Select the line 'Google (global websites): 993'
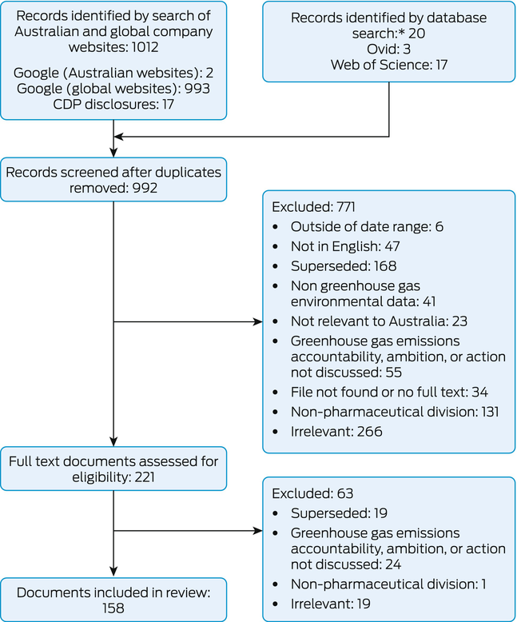[112, 89]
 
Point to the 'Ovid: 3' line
[388, 50]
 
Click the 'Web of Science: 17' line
[388, 66]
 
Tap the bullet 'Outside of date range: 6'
[366, 226]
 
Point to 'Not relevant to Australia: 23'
[379, 321]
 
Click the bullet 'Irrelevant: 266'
[336, 431]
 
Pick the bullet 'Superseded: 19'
[340, 513]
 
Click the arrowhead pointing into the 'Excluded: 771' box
[258, 322]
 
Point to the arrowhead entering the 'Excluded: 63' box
[258, 530]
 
